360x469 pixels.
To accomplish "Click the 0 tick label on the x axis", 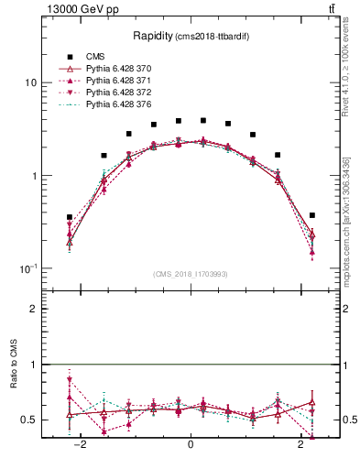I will coord(191,445).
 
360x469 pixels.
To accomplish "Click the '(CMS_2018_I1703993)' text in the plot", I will coord(191,273).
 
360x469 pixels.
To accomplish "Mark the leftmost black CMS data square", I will coord(70,217).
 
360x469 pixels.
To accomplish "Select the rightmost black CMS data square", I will coord(312,215).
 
